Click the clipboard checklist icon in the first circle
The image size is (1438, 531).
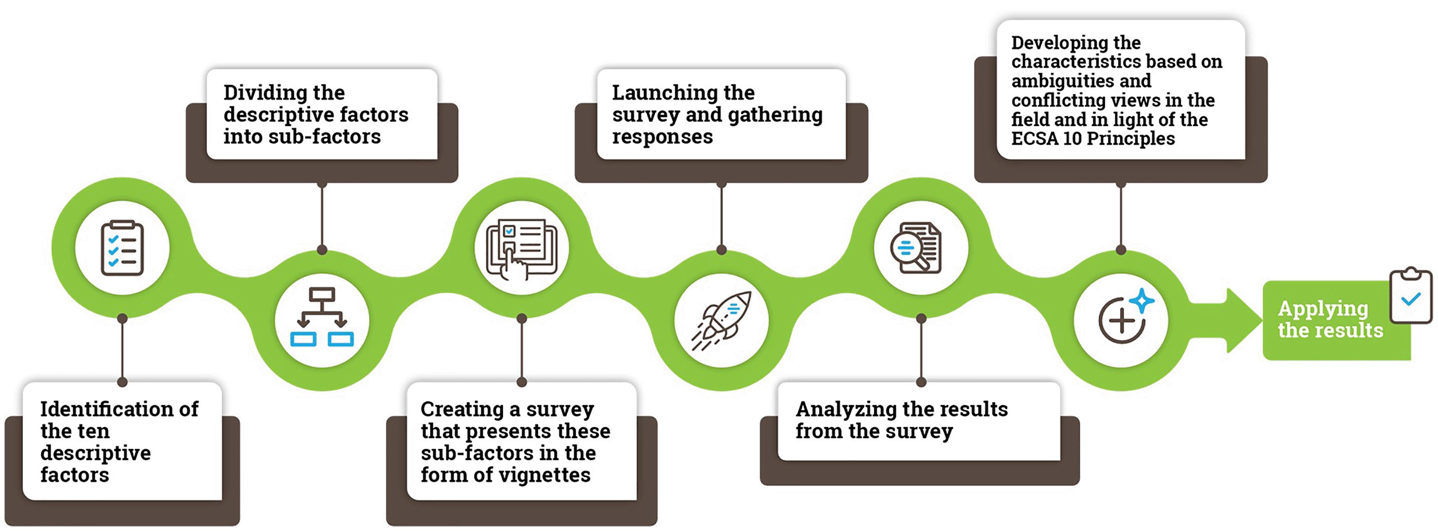(122, 248)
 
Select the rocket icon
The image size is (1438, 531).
(721, 321)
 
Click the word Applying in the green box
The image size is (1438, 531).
(1323, 309)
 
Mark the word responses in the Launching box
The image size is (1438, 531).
(662, 137)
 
